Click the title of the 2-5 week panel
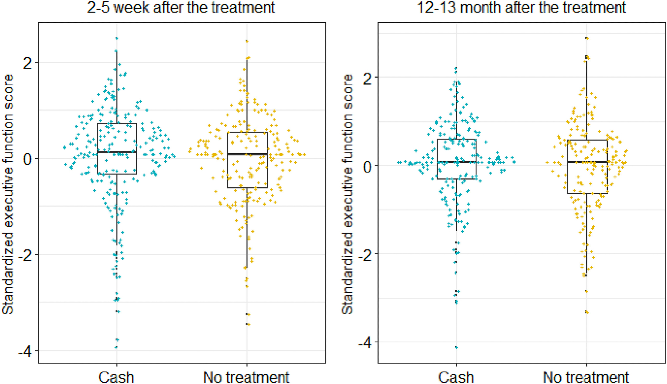coord(181,7)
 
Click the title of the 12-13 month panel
coord(521,7)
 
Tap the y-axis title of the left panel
coord(8,194)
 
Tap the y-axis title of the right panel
coord(348,194)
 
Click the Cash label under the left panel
coord(116,377)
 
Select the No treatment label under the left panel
coord(246,377)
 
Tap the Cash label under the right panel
coord(456,377)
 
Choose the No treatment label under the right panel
coord(586,377)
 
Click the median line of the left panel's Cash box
coord(117,152)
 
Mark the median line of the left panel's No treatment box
coord(247,154)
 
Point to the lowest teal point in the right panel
coord(457,348)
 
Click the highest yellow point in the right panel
coord(587,38)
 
